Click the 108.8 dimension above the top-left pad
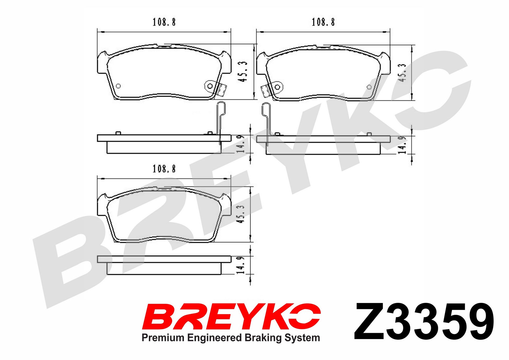coord(164,22)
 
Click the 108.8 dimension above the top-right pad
coord(323,22)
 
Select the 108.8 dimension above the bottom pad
coord(164,169)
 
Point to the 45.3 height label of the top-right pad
coord(402,73)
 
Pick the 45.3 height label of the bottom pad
coord(240,214)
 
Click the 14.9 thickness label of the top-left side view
coord(240,144)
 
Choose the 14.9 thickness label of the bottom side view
coord(240,265)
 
